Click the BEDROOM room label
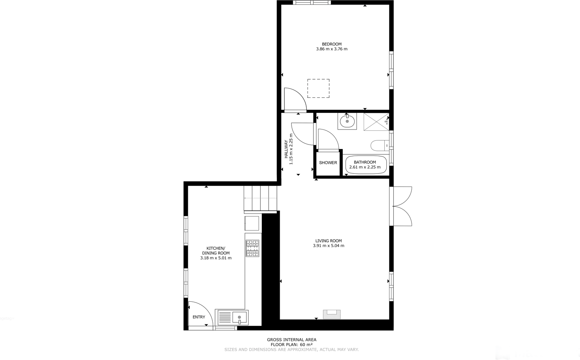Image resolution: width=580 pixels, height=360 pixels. point(332,44)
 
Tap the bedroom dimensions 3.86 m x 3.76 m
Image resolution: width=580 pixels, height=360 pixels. point(332,49)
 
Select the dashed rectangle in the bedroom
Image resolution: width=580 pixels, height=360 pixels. point(318,88)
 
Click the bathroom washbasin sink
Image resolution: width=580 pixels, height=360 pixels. point(347,121)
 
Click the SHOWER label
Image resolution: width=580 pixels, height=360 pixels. point(328,163)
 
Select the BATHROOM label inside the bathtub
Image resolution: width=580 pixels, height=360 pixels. point(364,162)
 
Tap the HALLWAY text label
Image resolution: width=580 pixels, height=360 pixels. point(286,149)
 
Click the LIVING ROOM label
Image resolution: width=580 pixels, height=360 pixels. point(328,241)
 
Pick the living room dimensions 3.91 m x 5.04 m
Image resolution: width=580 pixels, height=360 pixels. point(328,246)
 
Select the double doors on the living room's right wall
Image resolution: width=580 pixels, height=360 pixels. point(402,206)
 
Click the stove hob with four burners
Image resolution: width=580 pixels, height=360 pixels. point(252,248)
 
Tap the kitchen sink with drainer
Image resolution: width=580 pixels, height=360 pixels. point(232,317)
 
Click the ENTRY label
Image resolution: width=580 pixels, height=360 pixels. point(199,317)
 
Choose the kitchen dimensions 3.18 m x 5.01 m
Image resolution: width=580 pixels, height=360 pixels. point(216,258)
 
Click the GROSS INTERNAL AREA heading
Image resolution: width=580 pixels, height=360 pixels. point(292,339)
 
